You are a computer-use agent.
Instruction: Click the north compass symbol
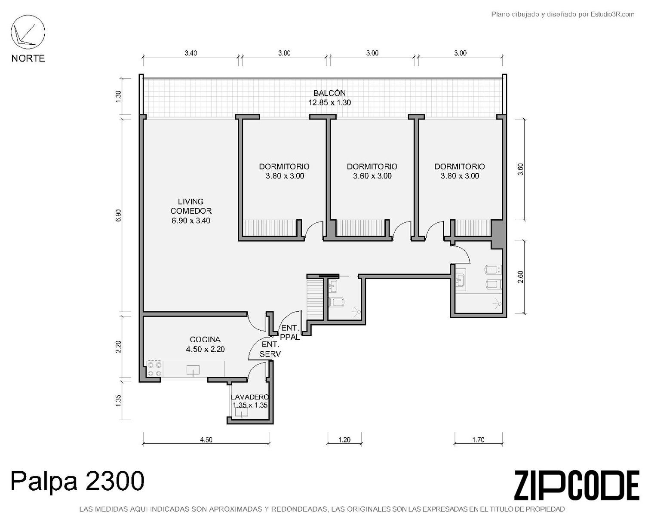tap(28, 32)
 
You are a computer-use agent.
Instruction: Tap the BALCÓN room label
tap(329, 93)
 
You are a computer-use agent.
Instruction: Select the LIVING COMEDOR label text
tap(191, 206)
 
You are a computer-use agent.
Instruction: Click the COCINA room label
tap(205, 339)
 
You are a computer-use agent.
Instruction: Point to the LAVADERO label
tap(250, 397)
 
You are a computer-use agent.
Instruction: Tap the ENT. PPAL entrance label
tap(290, 332)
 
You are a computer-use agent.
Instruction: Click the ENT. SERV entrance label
tap(270, 349)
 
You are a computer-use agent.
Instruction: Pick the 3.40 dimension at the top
tap(191, 53)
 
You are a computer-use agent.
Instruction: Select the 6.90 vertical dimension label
tap(119, 215)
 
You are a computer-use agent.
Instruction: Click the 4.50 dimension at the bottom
tap(206, 439)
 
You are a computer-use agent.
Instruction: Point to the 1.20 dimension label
tap(344, 439)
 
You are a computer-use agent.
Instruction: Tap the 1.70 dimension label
tap(478, 439)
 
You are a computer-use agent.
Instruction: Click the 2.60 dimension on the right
tap(521, 276)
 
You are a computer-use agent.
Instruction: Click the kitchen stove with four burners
tap(154, 369)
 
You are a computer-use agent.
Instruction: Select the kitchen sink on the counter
tap(193, 371)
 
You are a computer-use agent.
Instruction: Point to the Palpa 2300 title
tap(77, 480)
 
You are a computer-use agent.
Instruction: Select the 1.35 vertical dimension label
tap(119, 401)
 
